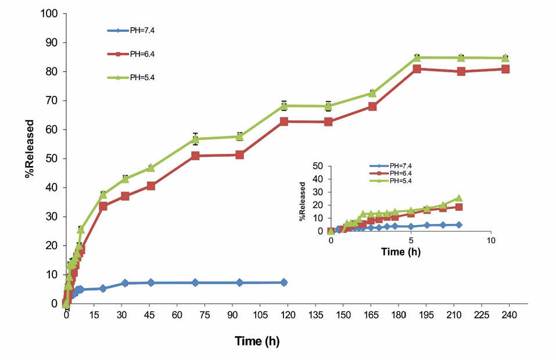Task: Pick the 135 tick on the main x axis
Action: pyautogui.click(x=315, y=316)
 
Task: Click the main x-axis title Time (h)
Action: pyautogui.click(x=257, y=341)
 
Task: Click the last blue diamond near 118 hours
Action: pyautogui.click(x=284, y=282)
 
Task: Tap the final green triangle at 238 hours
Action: pyautogui.click(x=505, y=57)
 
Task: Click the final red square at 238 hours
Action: pyautogui.click(x=505, y=69)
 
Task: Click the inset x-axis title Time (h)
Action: pyautogui.click(x=401, y=252)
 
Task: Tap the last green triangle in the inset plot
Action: pyautogui.click(x=458, y=198)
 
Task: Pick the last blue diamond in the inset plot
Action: pyautogui.click(x=458, y=225)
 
